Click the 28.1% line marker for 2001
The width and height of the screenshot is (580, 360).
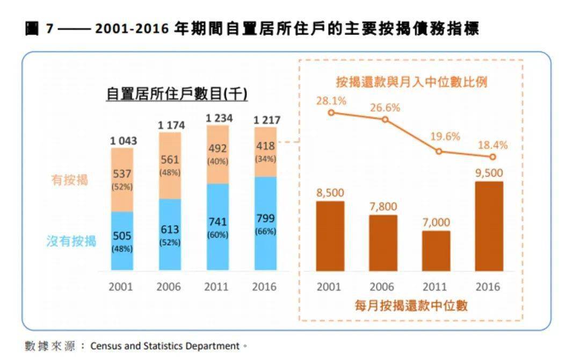tap(331, 112)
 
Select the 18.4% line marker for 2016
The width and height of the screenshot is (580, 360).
tap(492, 157)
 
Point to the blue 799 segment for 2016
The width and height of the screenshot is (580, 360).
tap(266, 224)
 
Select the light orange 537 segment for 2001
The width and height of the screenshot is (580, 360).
tap(122, 179)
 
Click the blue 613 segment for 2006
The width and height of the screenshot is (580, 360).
tap(170, 235)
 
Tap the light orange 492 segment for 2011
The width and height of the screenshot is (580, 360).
tap(218, 154)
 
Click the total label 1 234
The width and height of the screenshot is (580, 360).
tap(219, 118)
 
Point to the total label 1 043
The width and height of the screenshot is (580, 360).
tap(124, 141)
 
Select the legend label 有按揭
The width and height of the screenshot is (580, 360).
tap(69, 181)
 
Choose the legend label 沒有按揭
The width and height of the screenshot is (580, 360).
tap(71, 241)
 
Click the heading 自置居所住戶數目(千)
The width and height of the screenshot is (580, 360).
tap(177, 95)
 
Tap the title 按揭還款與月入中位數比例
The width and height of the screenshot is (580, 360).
tap(411, 82)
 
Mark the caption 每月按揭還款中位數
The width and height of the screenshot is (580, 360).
tap(411, 306)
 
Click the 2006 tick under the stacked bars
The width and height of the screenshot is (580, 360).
tap(169, 286)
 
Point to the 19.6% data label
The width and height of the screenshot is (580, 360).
tap(445, 136)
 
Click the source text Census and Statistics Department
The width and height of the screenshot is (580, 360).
tap(164, 346)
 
